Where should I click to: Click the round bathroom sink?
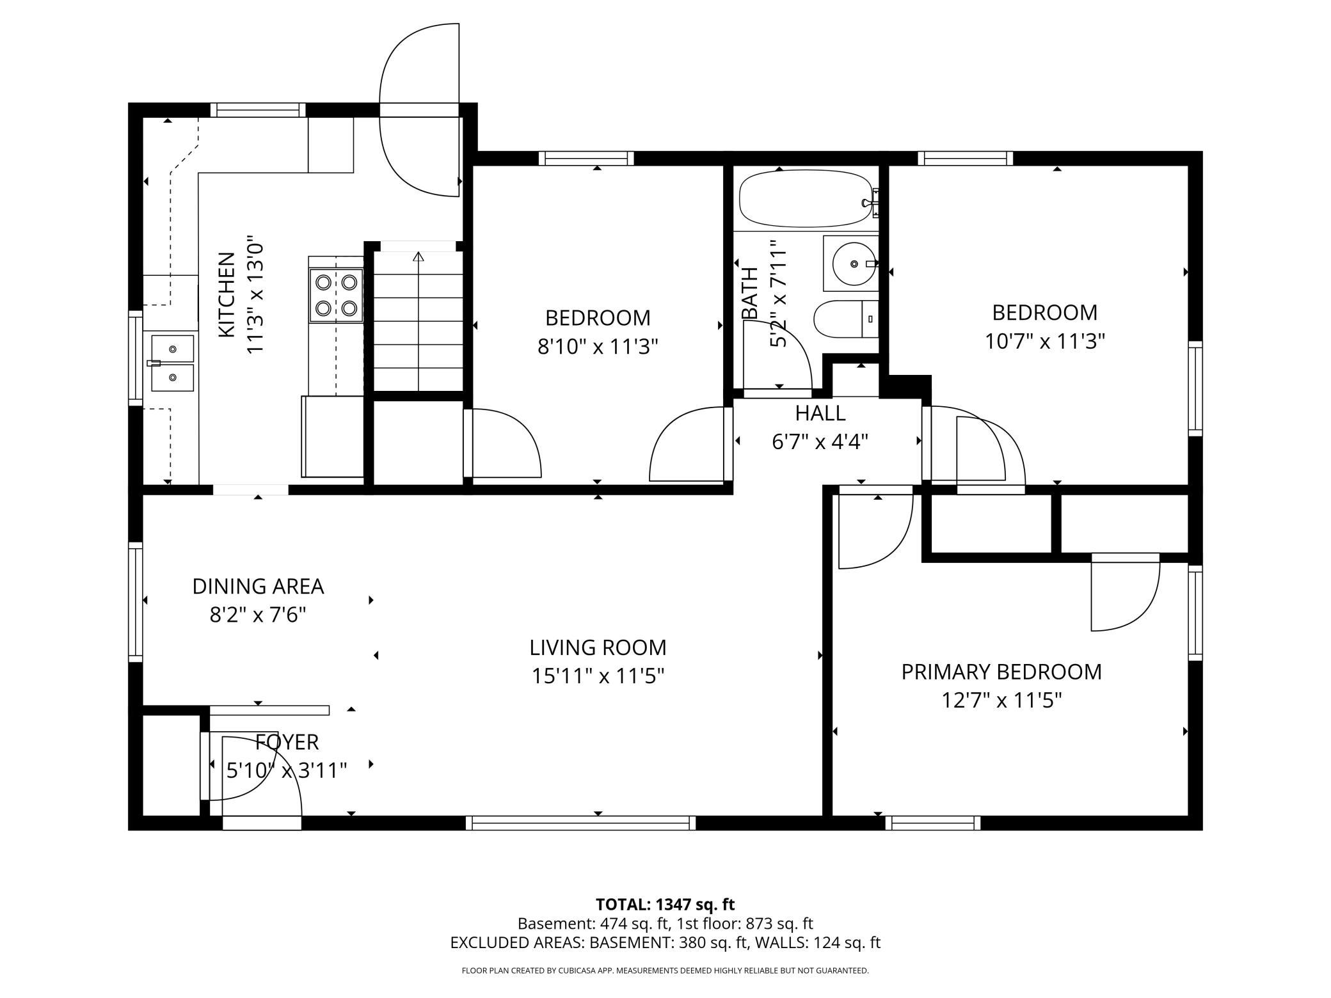854,264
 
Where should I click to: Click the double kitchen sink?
172,363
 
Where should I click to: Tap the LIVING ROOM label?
598,647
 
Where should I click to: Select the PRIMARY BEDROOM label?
1001,672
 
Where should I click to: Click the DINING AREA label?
258,586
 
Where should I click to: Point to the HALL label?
820,413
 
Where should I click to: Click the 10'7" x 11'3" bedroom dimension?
1045,341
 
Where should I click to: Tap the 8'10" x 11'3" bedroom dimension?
598,346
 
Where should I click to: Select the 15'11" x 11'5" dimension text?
598,676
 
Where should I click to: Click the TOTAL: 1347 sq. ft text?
665,905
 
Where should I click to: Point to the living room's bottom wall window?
580,823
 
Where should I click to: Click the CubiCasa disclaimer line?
665,970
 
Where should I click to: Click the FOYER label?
287,742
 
